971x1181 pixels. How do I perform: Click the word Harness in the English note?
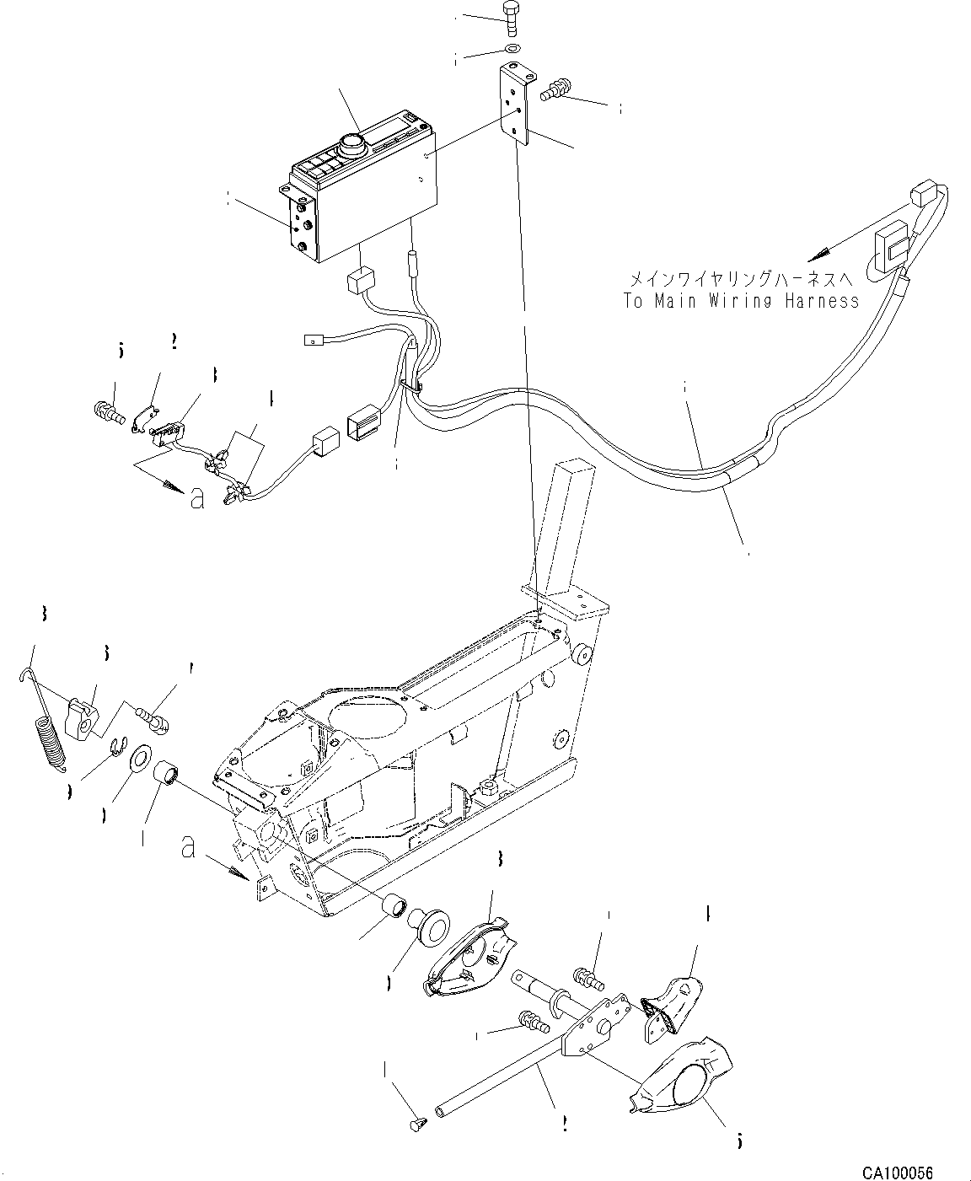[x=815, y=301]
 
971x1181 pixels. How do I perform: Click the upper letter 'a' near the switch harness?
[x=196, y=499]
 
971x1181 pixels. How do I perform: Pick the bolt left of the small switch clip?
[x=107, y=413]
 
